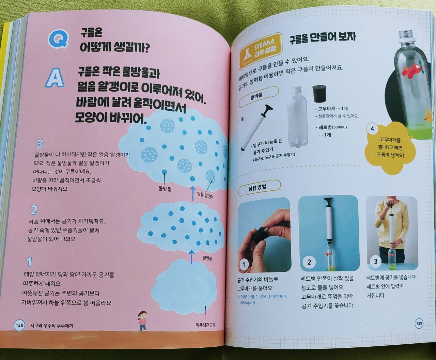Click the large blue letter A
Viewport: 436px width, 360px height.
click(55, 79)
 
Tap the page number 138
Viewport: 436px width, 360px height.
click(19, 325)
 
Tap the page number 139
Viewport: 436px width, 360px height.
click(419, 324)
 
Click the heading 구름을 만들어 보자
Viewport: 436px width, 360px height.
click(322, 39)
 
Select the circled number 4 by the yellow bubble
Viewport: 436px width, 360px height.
click(372, 129)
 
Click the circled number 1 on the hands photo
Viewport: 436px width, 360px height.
click(244, 265)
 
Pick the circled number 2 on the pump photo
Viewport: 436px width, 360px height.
click(309, 262)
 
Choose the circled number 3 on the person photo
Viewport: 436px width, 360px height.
click(375, 261)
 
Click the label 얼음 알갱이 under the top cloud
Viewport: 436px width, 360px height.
click(206, 195)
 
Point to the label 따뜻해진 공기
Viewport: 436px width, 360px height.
click(205, 325)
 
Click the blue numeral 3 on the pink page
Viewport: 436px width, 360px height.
click(40, 144)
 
